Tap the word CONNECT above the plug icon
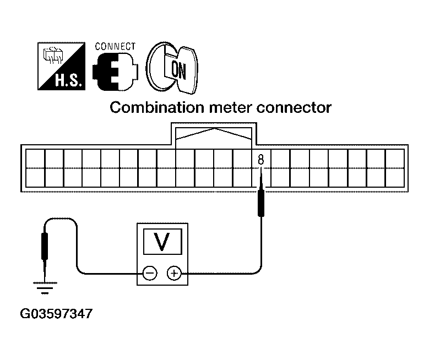(x=115, y=46)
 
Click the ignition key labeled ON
(x=176, y=68)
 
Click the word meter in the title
(x=221, y=107)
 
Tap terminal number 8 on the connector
(x=261, y=160)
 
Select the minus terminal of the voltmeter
(x=150, y=272)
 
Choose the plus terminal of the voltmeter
(x=174, y=272)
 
